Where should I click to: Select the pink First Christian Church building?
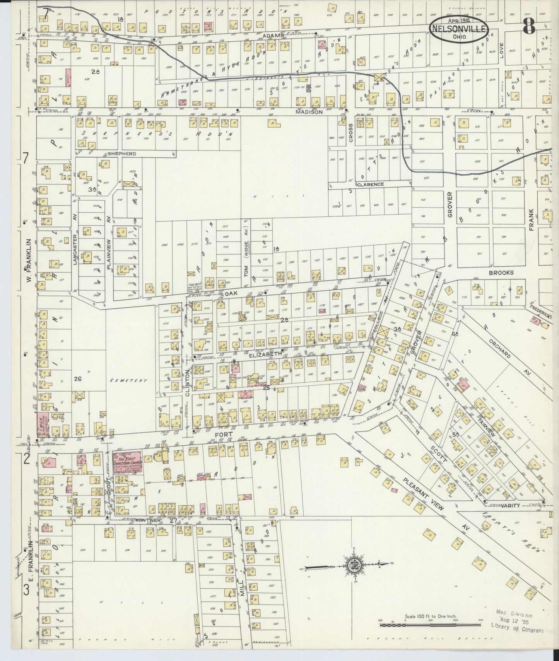tap(127, 462)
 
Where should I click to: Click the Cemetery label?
tap(129, 380)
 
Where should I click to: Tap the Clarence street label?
tap(370, 184)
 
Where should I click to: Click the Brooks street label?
tap(501, 272)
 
